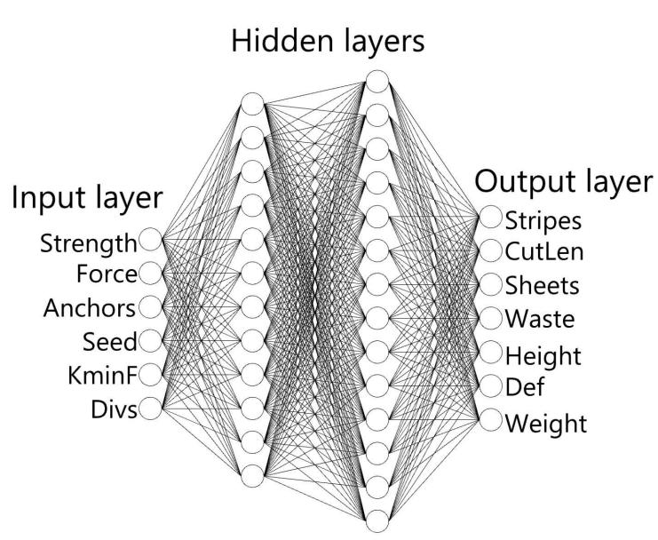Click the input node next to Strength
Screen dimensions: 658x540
click(x=150, y=239)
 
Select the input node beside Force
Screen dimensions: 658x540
click(x=150, y=274)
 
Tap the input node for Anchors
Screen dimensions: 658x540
click(x=150, y=306)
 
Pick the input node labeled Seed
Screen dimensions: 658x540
click(x=150, y=341)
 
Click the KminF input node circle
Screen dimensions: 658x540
click(x=150, y=375)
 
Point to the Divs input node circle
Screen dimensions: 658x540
click(x=150, y=409)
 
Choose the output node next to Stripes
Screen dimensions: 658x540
click(x=490, y=217)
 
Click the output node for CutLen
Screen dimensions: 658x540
click(x=490, y=251)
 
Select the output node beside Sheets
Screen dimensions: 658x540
click(x=490, y=284)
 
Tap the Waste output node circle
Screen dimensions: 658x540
click(x=490, y=319)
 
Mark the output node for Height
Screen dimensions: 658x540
click(x=490, y=353)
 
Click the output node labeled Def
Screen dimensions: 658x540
click(x=490, y=386)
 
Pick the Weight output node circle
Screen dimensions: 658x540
click(x=490, y=420)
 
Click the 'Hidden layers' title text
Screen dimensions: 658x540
click(x=328, y=42)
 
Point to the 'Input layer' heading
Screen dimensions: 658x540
click(x=87, y=198)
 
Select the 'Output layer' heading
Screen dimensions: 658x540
click(x=564, y=182)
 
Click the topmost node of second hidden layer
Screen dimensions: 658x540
click(x=377, y=82)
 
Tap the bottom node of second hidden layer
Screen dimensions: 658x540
click(x=377, y=521)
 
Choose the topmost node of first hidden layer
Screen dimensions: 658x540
click(x=252, y=104)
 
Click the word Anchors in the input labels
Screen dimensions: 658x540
click(x=90, y=308)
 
